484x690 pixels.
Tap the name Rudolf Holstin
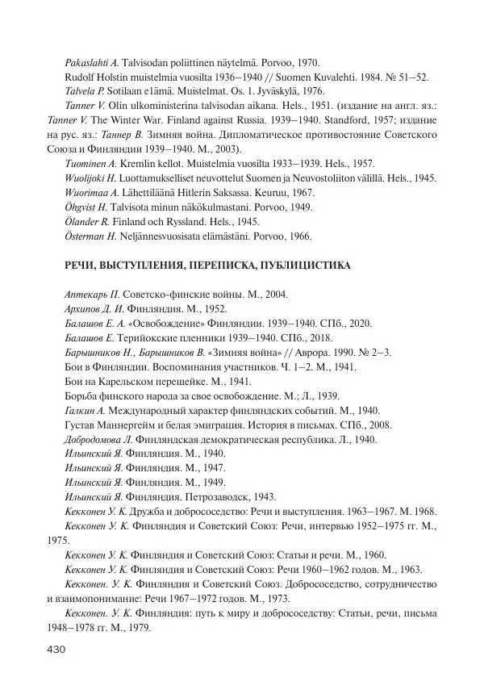click(x=98, y=77)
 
